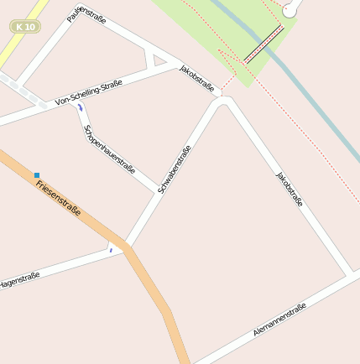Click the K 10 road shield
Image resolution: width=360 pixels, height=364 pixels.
coord(26,27)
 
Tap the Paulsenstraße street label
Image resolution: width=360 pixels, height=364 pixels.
coord(86,17)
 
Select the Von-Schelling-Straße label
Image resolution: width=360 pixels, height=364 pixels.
coord(89,92)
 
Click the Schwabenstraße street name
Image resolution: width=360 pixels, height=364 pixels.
coord(175,169)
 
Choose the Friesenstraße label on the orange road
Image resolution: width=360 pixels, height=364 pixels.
coord(59,197)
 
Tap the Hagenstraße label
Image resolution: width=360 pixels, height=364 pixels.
coord(19,280)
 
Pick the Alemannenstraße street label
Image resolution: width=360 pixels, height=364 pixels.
coord(279,320)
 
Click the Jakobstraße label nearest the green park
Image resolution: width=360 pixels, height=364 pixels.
coord(198,78)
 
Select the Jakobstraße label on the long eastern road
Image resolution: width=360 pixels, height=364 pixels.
coord(289,189)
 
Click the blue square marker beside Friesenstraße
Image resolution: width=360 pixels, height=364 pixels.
coord(37,175)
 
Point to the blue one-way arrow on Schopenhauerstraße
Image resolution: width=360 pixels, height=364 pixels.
coord(81,108)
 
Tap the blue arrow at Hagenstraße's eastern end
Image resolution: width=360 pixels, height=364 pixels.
coord(110,249)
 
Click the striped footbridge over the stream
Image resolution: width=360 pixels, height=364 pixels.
coord(264,44)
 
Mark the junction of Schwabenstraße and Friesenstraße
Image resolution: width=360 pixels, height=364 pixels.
coord(127,247)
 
